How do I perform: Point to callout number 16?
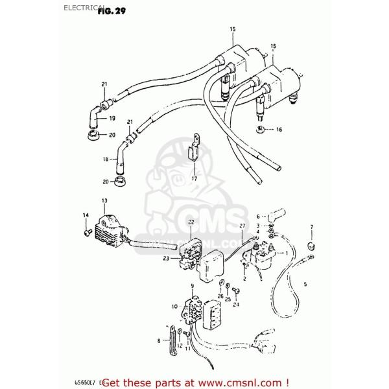pos(279,130)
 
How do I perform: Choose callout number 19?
pos(112,119)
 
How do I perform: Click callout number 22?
pos(191,222)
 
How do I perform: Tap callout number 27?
pos(242,226)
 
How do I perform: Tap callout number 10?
pos(174,305)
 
